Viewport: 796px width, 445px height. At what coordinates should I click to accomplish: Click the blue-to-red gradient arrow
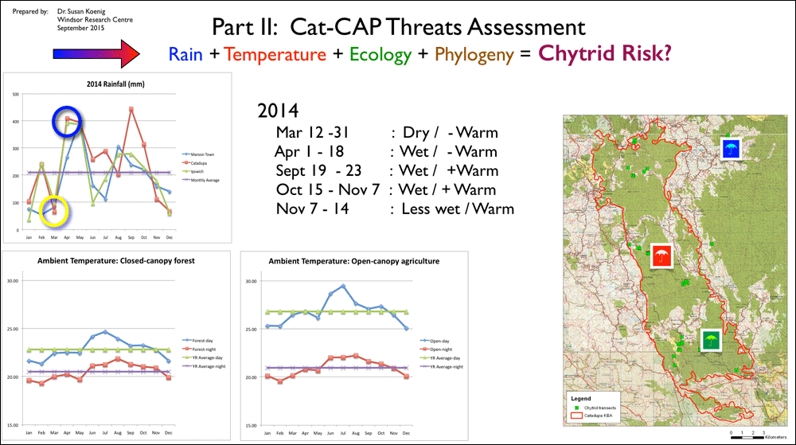95,54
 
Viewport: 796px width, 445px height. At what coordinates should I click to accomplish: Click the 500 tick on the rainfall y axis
15,94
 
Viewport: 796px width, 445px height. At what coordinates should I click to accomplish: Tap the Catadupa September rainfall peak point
131,109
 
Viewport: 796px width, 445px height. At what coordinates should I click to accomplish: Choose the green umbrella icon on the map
710,342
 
